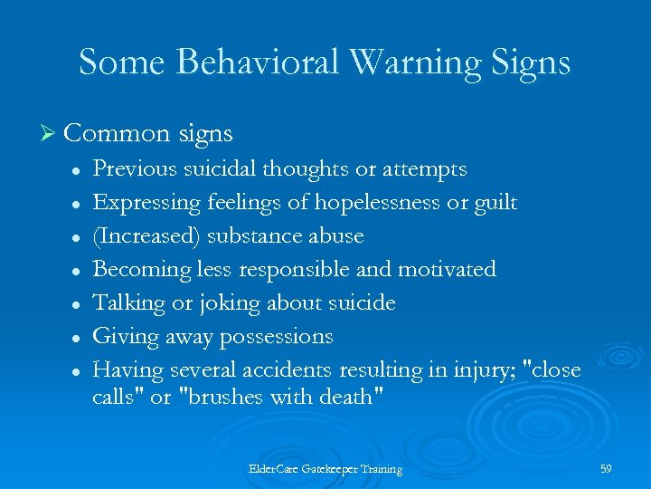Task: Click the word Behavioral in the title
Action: click(x=257, y=62)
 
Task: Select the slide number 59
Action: click(x=606, y=469)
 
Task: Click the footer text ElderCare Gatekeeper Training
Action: click(x=325, y=469)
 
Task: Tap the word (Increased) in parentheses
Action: click(x=147, y=235)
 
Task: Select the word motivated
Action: click(x=448, y=269)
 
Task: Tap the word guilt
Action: click(x=495, y=202)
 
